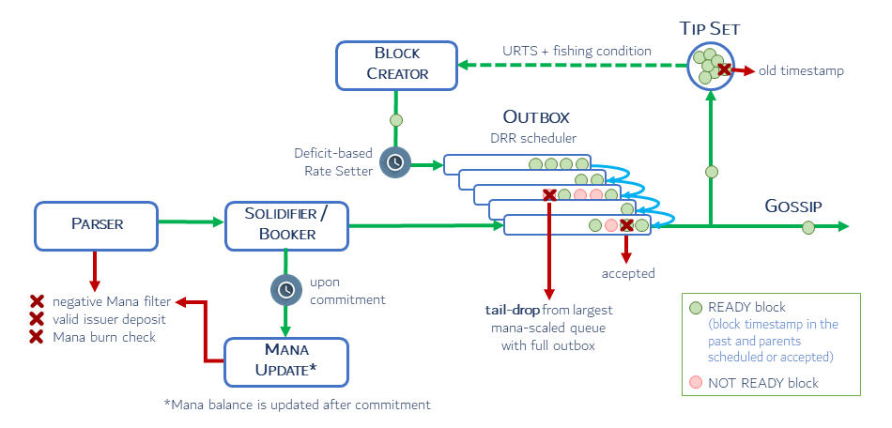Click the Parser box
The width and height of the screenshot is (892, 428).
click(97, 224)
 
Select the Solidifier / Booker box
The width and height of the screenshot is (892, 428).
click(286, 225)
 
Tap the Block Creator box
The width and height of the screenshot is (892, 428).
click(396, 63)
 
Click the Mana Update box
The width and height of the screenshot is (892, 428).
click(286, 361)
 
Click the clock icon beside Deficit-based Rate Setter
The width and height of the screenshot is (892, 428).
click(395, 163)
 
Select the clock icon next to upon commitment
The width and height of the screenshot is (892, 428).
click(285, 290)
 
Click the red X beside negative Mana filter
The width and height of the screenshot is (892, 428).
click(37, 301)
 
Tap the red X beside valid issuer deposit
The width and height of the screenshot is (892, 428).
click(37, 319)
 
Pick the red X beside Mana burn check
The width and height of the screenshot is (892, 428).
click(37, 336)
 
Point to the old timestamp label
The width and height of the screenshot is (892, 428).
click(801, 71)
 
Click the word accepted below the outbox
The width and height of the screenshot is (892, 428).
click(628, 273)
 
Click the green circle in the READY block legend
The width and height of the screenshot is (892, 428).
click(695, 307)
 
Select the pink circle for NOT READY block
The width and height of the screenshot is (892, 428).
click(695, 383)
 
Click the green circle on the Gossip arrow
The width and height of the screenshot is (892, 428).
click(808, 226)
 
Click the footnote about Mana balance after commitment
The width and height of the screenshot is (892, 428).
click(297, 405)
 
